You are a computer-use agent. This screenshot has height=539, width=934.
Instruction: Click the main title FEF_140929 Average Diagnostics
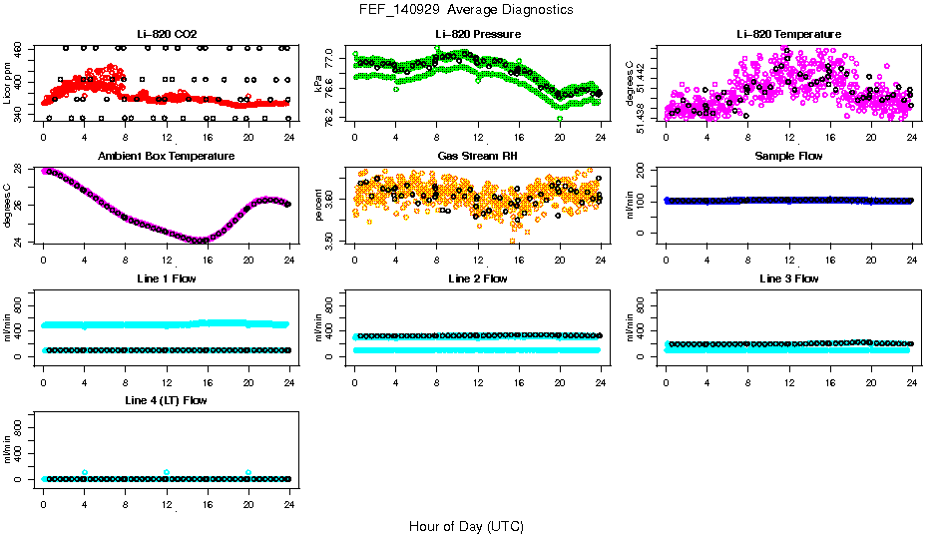click(x=467, y=9)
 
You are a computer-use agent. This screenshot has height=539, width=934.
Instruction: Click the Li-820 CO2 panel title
click(x=167, y=35)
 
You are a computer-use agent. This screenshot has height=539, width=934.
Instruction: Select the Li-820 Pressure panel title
click(x=477, y=35)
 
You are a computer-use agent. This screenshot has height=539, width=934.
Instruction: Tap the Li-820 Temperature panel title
click(x=788, y=35)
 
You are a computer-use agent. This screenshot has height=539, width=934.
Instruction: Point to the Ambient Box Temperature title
click(x=167, y=157)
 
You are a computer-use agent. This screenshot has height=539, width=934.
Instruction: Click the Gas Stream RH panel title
click(x=477, y=157)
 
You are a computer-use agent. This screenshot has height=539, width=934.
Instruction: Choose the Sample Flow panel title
click(x=788, y=157)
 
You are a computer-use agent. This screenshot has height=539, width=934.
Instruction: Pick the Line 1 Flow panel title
click(x=167, y=278)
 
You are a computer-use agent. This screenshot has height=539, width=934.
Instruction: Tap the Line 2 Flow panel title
click(x=477, y=278)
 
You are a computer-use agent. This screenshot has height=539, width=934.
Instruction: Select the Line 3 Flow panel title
click(x=788, y=278)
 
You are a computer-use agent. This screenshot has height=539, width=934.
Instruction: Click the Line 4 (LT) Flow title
click(x=167, y=400)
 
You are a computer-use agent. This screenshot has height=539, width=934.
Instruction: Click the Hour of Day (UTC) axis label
click(x=466, y=525)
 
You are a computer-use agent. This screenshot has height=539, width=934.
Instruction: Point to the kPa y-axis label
click(x=318, y=83)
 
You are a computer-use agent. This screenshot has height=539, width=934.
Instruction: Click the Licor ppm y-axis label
click(x=8, y=83)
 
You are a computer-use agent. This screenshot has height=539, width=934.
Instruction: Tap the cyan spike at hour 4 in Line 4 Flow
click(x=85, y=472)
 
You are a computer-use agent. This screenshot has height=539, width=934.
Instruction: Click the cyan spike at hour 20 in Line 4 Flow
click(x=248, y=472)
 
